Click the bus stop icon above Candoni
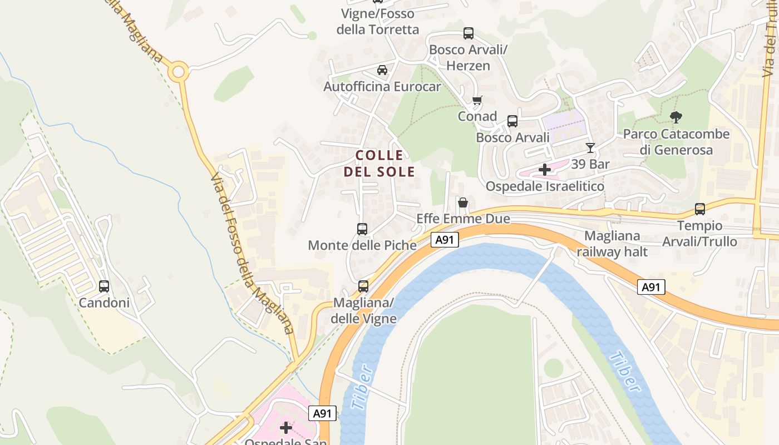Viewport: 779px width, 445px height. pos(104,286)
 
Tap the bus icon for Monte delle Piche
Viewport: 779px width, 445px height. pos(362,229)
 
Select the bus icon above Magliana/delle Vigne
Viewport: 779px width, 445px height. pos(363,286)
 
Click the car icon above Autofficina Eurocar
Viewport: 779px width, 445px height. pos(382,70)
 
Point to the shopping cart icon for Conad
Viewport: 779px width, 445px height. pos(477,101)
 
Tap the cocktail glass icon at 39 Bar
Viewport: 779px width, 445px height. pos(590,148)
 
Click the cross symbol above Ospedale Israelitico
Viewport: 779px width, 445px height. pos(545,170)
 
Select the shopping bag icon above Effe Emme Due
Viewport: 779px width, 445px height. pos(462,202)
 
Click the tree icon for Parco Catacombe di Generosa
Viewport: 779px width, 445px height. pos(676,117)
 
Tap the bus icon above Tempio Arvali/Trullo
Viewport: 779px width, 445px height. pos(699,210)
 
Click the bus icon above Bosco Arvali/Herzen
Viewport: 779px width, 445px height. pos(469,33)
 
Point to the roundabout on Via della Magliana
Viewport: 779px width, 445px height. pos(178,72)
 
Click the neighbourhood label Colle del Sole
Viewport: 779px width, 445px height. pos(379,163)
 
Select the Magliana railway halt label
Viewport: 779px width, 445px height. pos(612,244)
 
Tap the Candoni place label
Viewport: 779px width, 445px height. pos(104,303)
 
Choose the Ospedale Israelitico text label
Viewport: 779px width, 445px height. pos(545,186)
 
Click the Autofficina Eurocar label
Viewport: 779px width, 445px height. pos(382,87)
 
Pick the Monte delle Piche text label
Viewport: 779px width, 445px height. pos(362,245)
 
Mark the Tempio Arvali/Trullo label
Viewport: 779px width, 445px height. pos(699,234)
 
